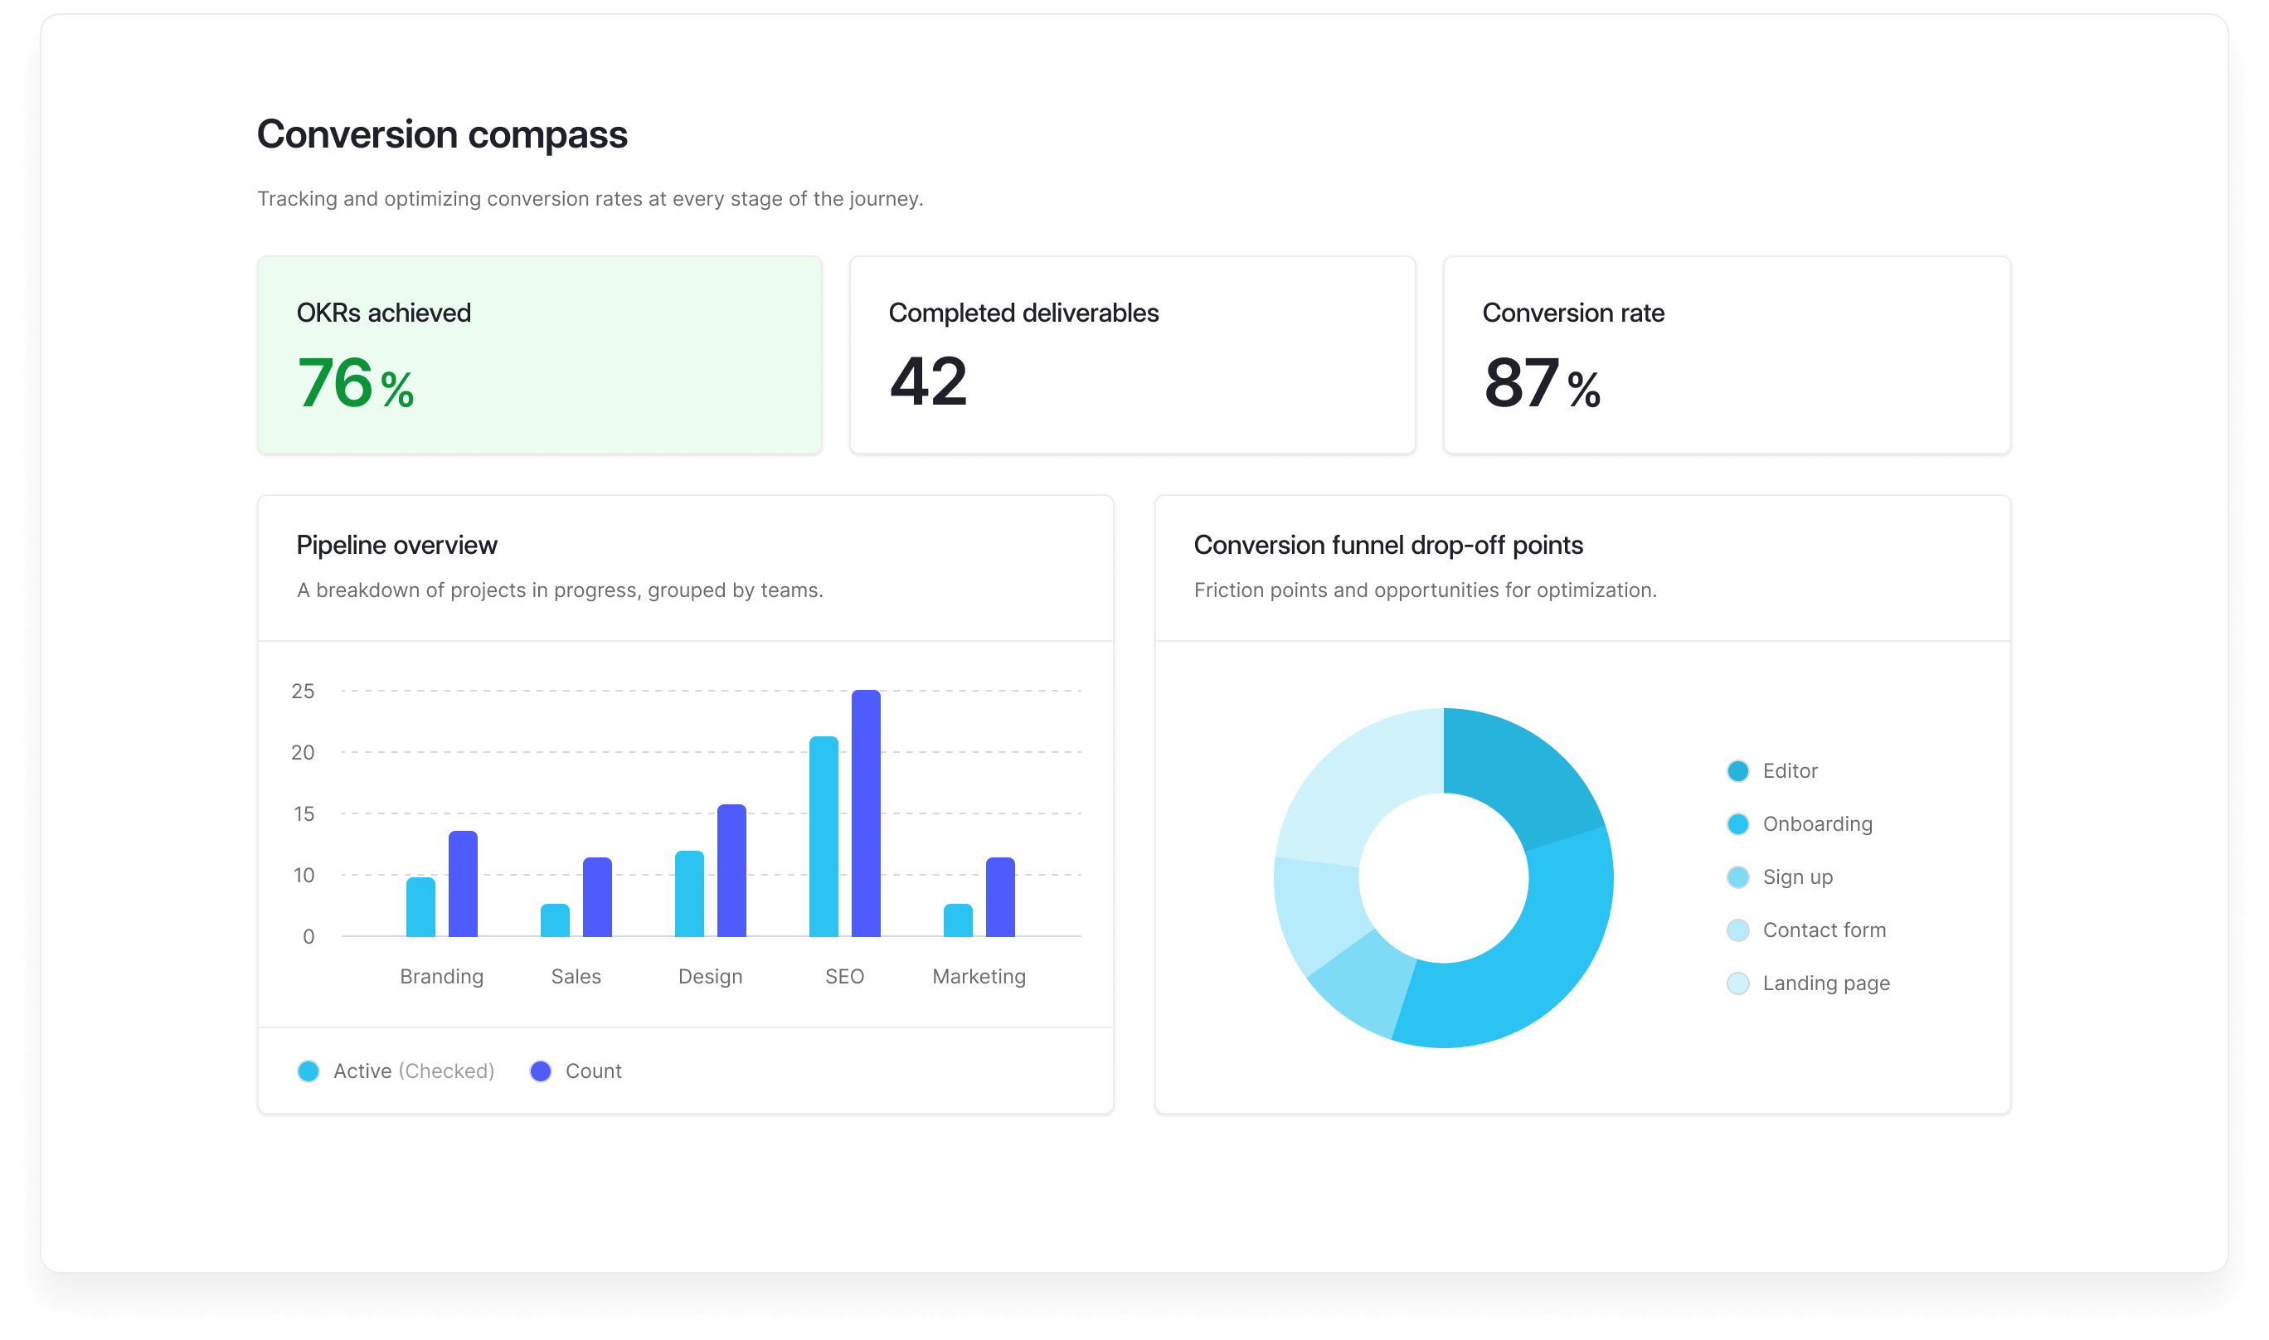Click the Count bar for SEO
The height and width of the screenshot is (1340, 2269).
[865, 813]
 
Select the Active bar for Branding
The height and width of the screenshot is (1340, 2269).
[420, 906]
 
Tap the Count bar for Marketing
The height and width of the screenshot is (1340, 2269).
[999, 896]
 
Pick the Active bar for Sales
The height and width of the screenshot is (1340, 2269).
[556, 920]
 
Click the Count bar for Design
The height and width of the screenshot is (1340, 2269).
[731, 871]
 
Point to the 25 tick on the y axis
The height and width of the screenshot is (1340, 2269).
[303, 691]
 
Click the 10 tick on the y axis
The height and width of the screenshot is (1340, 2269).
[304, 875]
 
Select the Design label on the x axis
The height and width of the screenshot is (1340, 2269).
[710, 976]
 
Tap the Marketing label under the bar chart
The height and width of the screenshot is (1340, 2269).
[979, 976]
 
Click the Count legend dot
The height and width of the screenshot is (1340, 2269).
[541, 1071]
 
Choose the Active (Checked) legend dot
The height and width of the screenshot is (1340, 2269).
[309, 1071]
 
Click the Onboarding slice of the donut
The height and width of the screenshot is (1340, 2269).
[1535, 957]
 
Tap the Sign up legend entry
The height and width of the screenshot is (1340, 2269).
[1797, 876]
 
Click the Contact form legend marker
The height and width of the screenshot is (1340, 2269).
[1738, 930]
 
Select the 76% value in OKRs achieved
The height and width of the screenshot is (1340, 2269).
[355, 384]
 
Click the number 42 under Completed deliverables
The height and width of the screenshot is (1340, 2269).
[928, 382]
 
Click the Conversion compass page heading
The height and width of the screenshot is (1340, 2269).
[442, 134]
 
